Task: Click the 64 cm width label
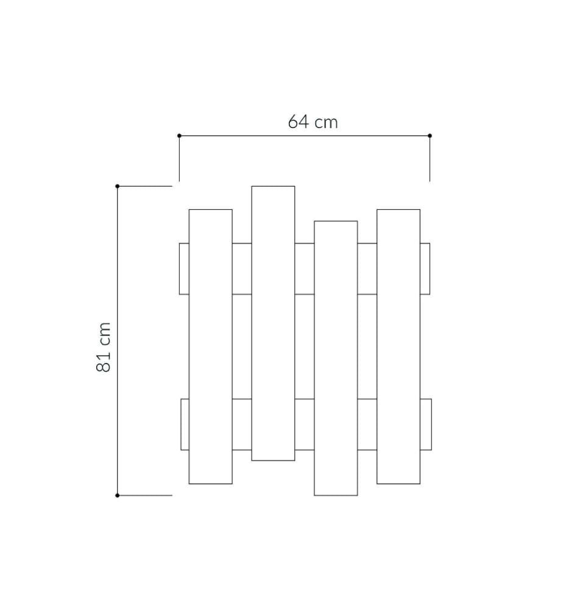pyautogui.click(x=313, y=122)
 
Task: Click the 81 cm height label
pyautogui.click(x=104, y=347)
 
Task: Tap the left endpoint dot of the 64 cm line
pyautogui.click(x=179, y=136)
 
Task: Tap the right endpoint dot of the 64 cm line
pyautogui.click(x=430, y=136)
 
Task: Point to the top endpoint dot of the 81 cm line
pyautogui.click(x=118, y=186)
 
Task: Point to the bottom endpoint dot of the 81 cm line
pyautogui.click(x=118, y=495)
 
